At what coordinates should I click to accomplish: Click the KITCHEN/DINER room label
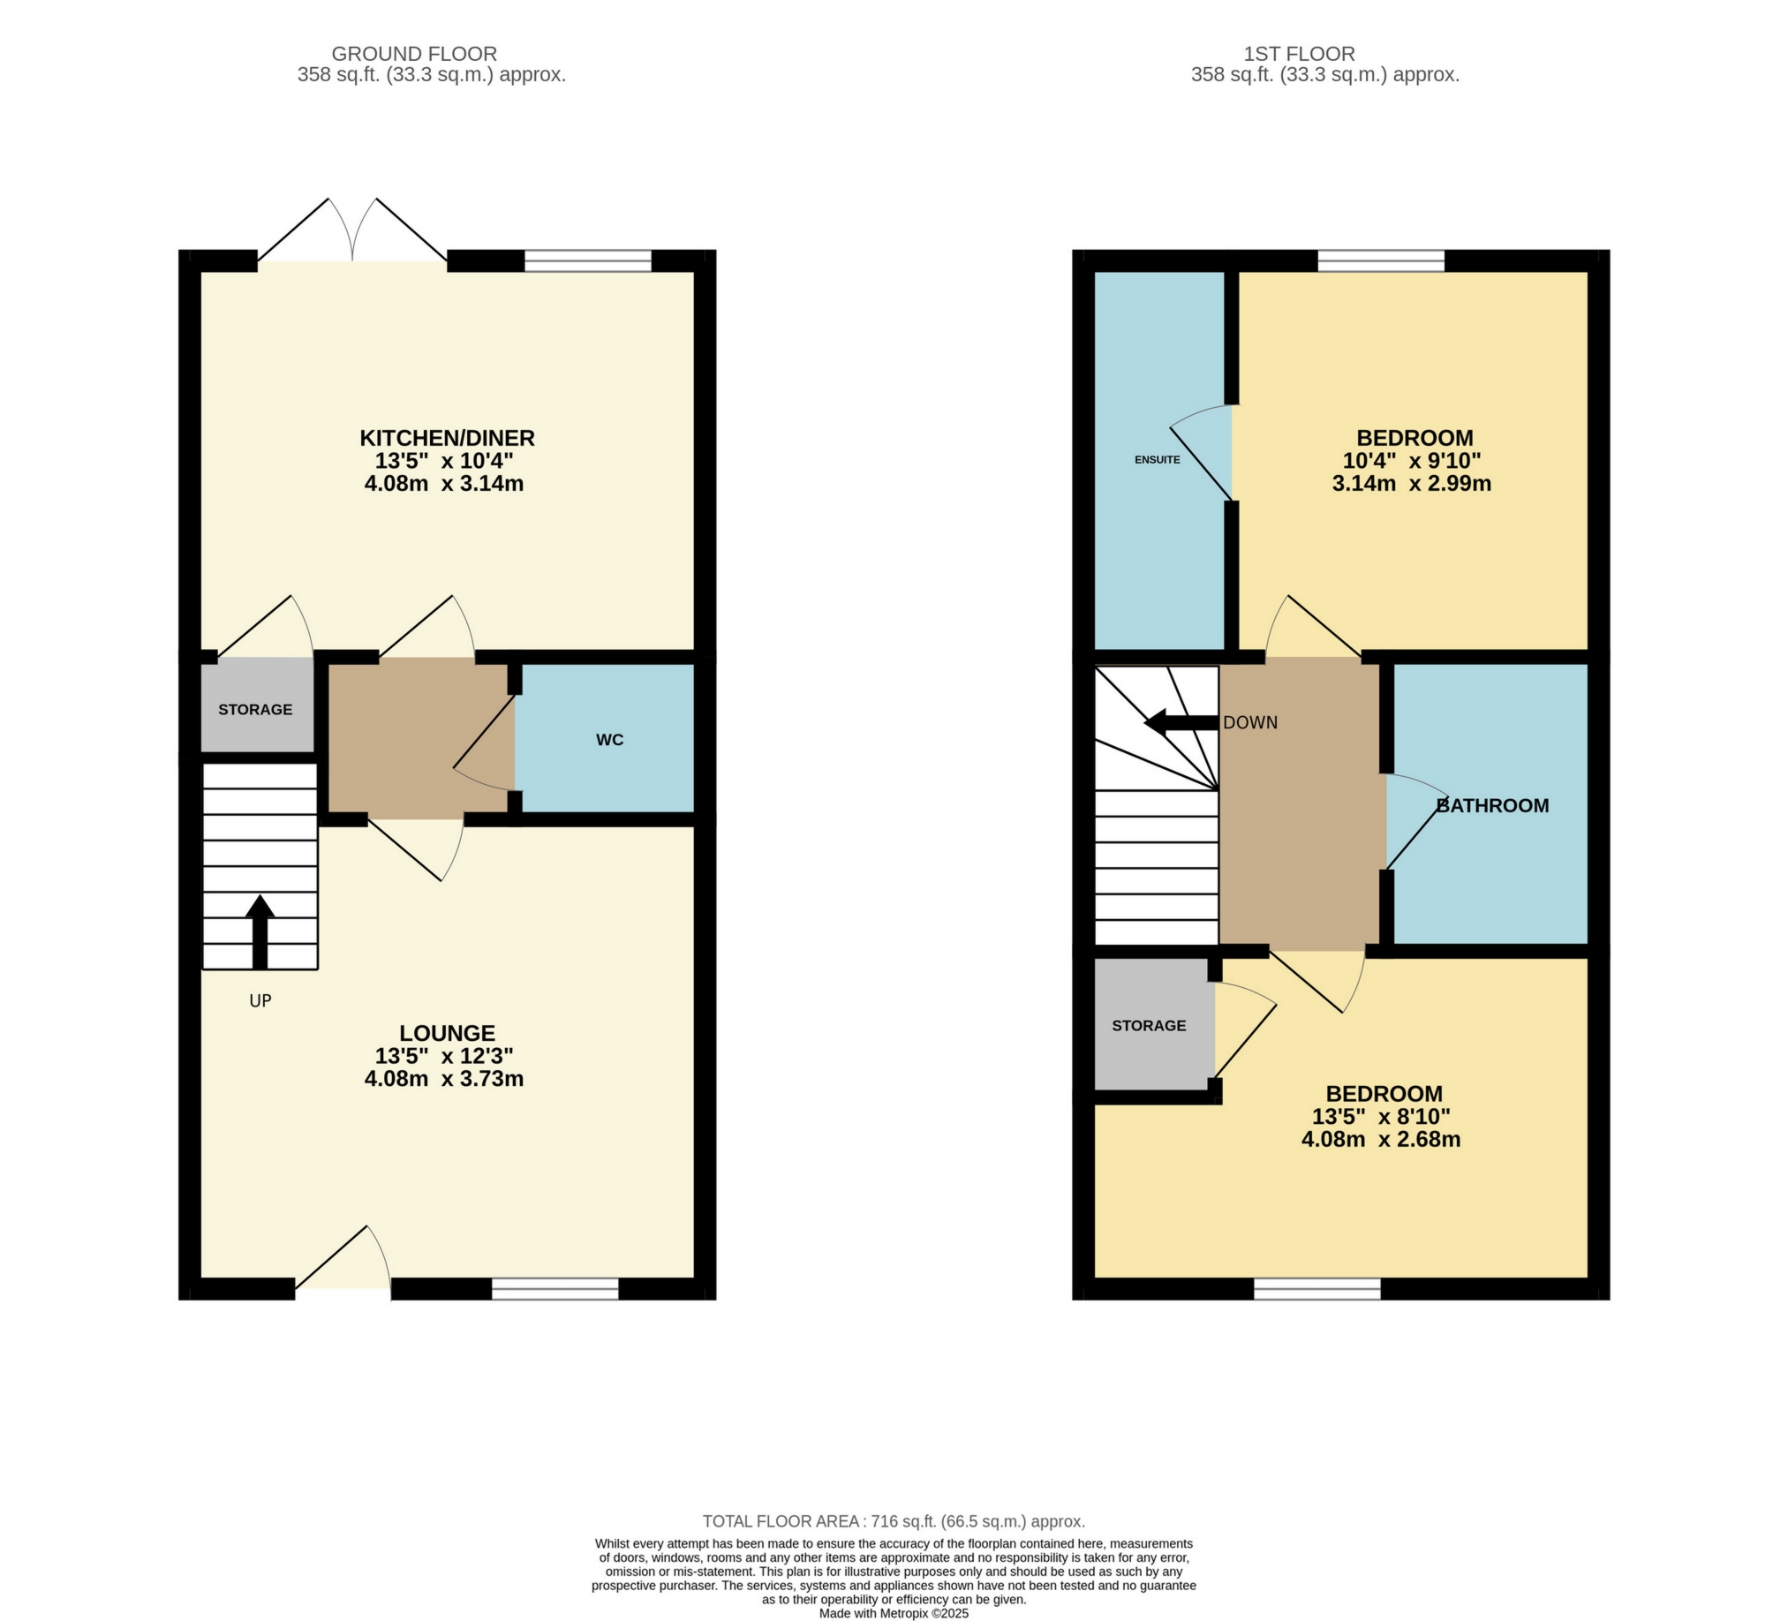coord(447,438)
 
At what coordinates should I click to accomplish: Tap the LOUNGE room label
coord(447,1033)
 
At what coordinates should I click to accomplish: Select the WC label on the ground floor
coord(609,740)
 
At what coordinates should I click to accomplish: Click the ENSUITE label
coord(1158,459)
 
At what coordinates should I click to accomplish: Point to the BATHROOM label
coord(1493,805)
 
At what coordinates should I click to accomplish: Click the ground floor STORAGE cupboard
coord(255,710)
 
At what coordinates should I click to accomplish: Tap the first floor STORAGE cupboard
coord(1150,1025)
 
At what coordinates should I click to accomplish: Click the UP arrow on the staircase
coord(260,931)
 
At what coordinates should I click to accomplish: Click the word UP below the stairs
coord(260,1001)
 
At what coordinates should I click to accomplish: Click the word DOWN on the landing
coord(1250,723)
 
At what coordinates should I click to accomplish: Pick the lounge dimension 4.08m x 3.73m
coord(444,1079)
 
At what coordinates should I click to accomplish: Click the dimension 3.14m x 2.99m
coord(1412,484)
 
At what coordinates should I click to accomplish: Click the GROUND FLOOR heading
coord(414,54)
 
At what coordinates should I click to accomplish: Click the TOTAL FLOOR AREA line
coord(893,1522)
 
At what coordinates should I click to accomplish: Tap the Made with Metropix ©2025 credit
coord(893,1613)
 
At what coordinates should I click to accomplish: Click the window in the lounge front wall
coord(555,1289)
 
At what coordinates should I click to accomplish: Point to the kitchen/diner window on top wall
coord(588,260)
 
